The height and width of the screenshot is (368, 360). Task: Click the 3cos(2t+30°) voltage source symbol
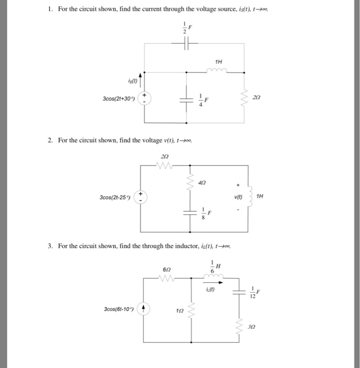145,99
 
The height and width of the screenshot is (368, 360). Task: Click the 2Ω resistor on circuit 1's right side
244,98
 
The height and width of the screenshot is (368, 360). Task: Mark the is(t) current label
132,80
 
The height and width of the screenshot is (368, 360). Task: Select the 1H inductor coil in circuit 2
247,198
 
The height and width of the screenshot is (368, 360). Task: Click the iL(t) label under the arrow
211,288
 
